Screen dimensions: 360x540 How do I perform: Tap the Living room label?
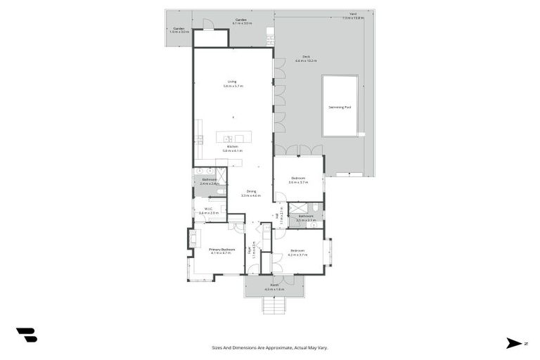pos(232,84)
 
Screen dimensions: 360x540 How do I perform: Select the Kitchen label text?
pos(232,148)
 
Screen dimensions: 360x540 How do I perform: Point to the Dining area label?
pos(250,193)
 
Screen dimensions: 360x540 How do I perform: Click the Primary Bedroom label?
pos(221,250)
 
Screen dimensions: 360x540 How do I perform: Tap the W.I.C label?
pos(209,210)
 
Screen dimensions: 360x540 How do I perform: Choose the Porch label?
pos(274,287)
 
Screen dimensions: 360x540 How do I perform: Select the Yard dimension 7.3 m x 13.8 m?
pos(353,18)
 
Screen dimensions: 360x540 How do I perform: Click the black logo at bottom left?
pos(27,335)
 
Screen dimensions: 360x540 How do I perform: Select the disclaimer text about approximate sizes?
pos(270,347)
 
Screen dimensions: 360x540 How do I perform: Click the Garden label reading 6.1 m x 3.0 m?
pos(241,21)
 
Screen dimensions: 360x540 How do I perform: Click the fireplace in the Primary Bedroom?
pos(191,239)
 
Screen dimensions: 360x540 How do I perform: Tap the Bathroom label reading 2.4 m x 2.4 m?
pos(209,181)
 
